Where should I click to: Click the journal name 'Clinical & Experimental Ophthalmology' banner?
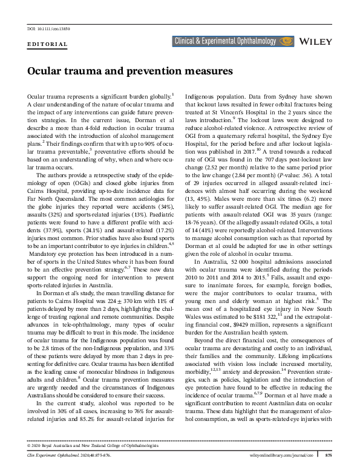pyautogui.click(x=227, y=41)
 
